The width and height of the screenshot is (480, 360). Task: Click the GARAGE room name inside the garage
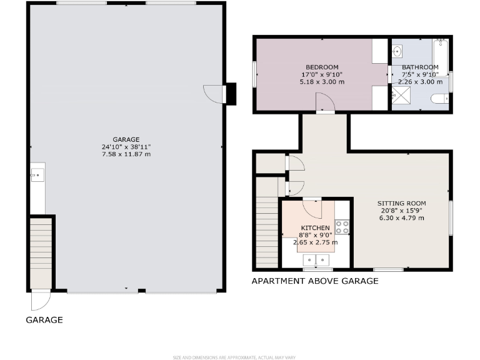pos(126,139)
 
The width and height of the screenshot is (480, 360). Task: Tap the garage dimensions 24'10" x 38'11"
pos(126,147)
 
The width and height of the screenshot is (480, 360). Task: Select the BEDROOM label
pos(322,67)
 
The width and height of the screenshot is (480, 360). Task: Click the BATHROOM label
pos(419,67)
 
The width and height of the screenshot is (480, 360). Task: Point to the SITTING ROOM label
pos(401,203)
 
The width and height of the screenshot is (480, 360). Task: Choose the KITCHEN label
pos(315,228)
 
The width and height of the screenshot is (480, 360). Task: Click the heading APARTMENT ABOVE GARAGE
pos(314,281)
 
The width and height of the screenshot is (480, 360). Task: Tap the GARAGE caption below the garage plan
pos(44,320)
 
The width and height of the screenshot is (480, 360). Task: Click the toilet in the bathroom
pos(439,97)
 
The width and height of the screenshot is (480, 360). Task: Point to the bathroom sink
pos(397,52)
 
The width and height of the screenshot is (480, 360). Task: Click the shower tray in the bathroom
pos(401,95)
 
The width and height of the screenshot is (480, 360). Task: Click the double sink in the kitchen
pos(316,260)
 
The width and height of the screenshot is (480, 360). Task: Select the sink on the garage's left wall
pos(37,174)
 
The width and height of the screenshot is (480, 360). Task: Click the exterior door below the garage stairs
pos(41,301)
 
